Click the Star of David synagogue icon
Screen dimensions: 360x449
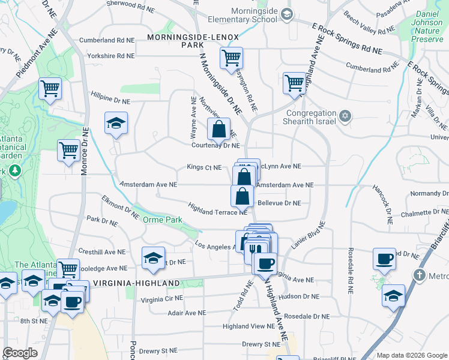click(x=345, y=115)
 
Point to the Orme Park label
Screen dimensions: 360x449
click(x=162, y=220)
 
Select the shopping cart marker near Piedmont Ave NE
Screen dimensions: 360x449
click(x=50, y=89)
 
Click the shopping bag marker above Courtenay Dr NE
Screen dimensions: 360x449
click(x=219, y=127)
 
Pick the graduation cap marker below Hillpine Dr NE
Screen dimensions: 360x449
click(x=116, y=123)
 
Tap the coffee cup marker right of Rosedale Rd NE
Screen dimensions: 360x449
click(x=384, y=259)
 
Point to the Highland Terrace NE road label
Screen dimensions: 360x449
click(x=217, y=209)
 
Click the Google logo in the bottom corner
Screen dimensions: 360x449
click(x=20, y=353)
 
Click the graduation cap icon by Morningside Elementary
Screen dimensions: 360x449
click(x=287, y=14)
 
